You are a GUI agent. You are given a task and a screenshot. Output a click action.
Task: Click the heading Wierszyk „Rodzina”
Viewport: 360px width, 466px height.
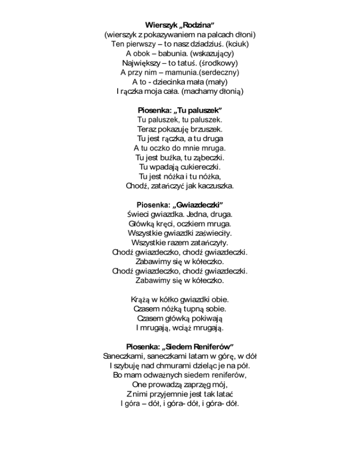point(180,24)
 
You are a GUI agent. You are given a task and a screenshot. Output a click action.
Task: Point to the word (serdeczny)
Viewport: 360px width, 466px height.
point(219,73)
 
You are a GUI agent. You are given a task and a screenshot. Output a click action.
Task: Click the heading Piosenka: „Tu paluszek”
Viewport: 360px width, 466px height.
point(180,110)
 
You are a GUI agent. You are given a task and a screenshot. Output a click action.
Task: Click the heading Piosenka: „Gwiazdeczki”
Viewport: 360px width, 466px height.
point(180,205)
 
